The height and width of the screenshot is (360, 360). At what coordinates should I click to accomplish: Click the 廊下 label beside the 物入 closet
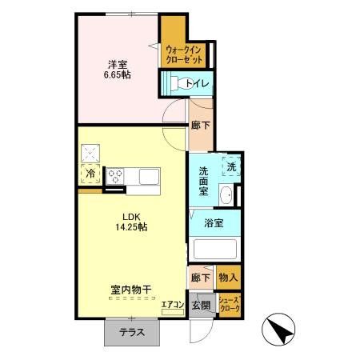click(x=200, y=278)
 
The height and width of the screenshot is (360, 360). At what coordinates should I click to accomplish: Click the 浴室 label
click(x=213, y=222)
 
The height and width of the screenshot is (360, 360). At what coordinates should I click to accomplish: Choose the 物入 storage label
click(x=228, y=278)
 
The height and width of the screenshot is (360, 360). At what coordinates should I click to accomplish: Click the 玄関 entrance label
click(x=200, y=305)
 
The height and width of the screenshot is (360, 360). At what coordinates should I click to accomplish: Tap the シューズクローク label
click(x=228, y=305)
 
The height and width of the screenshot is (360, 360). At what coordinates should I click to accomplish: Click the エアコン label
click(x=172, y=305)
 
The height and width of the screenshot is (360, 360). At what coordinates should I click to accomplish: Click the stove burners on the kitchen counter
click(x=115, y=174)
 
